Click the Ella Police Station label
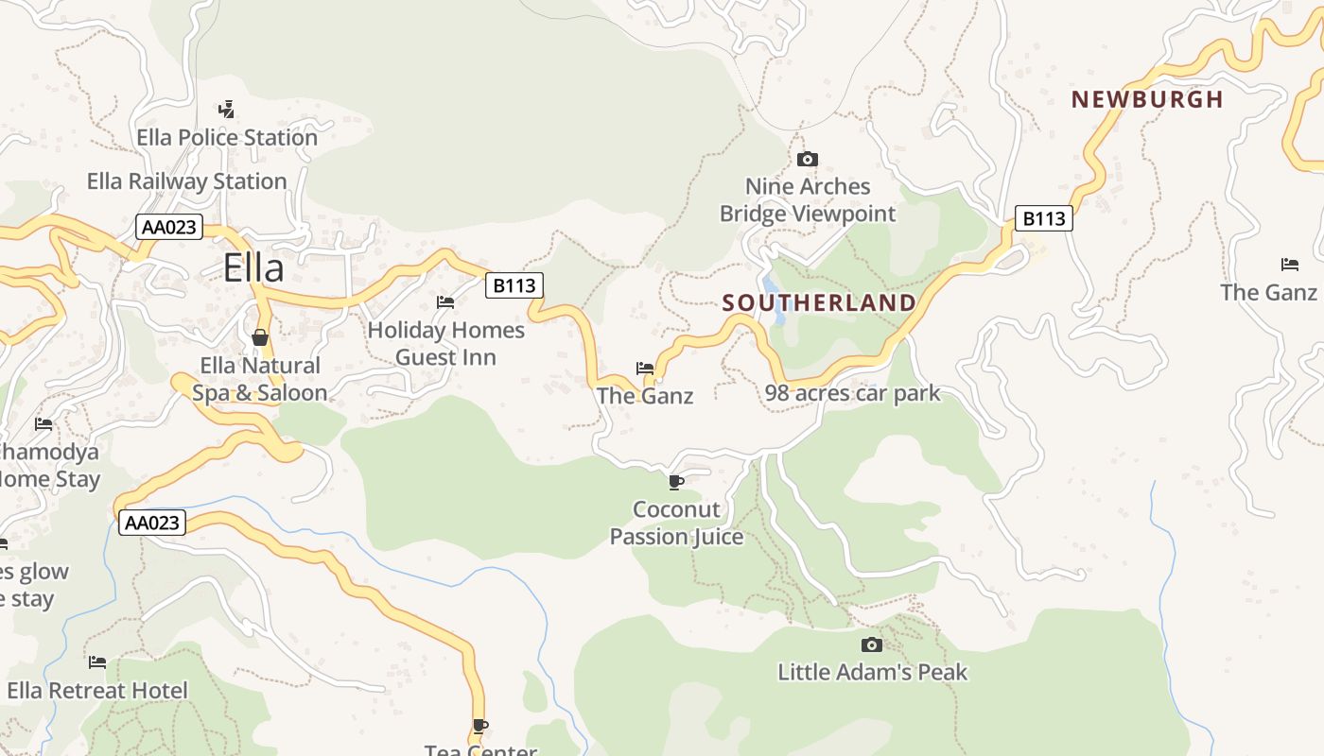(227, 138)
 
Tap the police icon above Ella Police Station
(226, 109)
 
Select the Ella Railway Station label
(186, 181)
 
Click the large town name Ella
(253, 268)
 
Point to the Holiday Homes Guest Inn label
(445, 343)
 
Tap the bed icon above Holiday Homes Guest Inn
(445, 302)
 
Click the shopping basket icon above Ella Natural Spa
(259, 337)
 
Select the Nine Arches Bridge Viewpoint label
(807, 199)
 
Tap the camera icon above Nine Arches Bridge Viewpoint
(807, 159)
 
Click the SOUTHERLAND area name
(819, 303)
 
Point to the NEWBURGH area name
(1147, 99)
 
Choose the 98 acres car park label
(853, 393)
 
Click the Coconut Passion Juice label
(676, 523)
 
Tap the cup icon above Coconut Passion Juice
(676, 482)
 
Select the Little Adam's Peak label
(872, 672)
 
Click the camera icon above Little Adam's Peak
(872, 644)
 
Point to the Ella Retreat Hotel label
(97, 691)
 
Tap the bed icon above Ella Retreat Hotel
(97, 662)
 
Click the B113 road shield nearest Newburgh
(1044, 219)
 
